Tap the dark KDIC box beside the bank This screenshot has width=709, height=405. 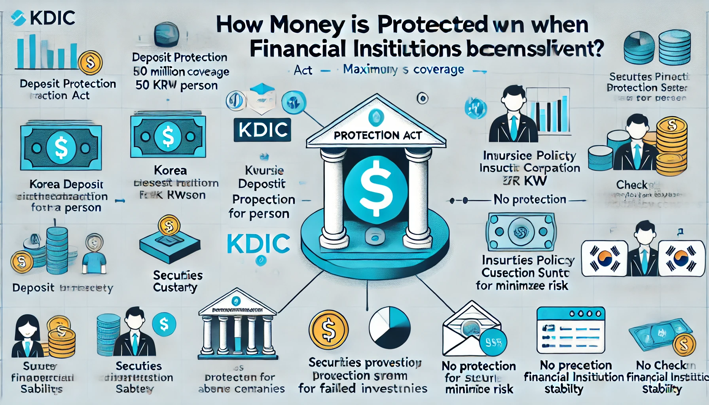pyautogui.click(x=262, y=130)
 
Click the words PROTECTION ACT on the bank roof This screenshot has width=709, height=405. pyautogui.click(x=377, y=136)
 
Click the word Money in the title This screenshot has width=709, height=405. pyautogui.click(x=307, y=25)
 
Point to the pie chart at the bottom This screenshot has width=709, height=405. pyautogui.click(x=390, y=327)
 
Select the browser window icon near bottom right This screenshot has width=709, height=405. pyautogui.click(x=571, y=330)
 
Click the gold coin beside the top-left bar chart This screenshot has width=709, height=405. pyautogui.click(x=90, y=63)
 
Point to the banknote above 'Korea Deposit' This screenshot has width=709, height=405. pyautogui.click(x=61, y=148)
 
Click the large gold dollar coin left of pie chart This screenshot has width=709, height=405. pyautogui.click(x=328, y=330)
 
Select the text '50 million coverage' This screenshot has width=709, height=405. pyautogui.click(x=181, y=72)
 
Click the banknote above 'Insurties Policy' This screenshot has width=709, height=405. pyautogui.click(x=521, y=232)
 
